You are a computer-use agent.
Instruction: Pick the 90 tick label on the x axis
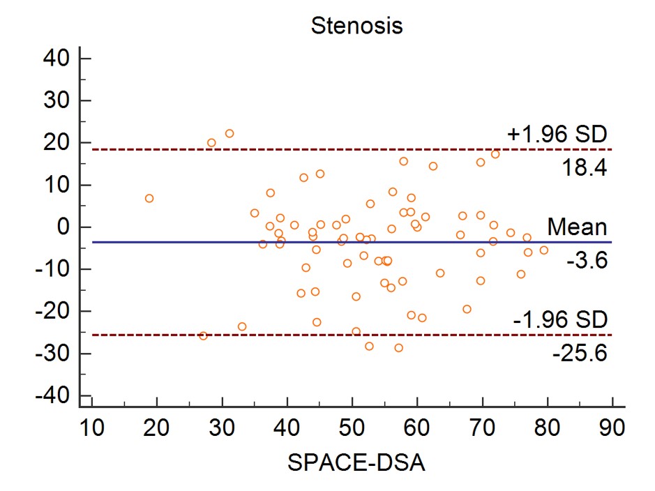coord(612,425)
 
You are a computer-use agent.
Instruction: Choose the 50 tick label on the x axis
coord(352,425)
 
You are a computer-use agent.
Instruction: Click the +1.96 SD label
coord(557,133)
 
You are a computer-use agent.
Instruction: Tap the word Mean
coord(576,227)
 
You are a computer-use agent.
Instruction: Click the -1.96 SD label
coord(560,319)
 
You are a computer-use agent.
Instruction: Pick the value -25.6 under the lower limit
coord(579,354)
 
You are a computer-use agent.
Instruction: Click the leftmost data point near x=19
coord(149,199)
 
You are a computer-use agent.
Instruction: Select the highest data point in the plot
coord(229,133)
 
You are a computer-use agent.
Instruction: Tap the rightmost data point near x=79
coord(544,250)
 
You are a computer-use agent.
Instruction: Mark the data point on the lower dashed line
coord(203,335)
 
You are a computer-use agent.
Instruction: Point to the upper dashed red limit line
coord(349,149)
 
